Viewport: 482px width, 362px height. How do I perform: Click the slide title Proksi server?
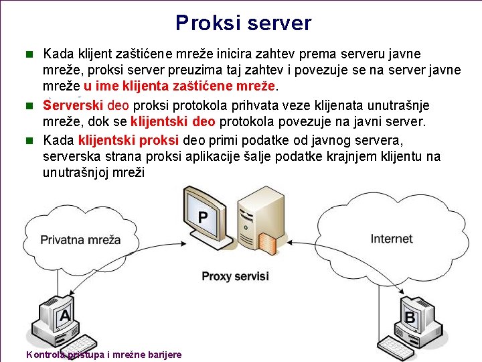(243, 23)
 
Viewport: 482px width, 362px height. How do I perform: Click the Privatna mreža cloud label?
(80, 239)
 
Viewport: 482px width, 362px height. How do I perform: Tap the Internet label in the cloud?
(392, 239)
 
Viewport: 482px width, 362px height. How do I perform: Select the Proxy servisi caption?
(235, 276)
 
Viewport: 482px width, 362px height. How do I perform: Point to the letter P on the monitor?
(203, 217)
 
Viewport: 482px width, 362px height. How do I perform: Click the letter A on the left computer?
(64, 314)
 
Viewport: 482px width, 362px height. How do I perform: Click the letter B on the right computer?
(410, 316)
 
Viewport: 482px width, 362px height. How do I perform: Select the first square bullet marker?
(29, 53)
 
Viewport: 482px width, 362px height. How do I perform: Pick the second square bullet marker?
(29, 105)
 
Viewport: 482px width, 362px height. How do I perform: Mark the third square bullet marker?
(29, 140)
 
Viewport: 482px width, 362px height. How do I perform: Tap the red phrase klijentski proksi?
(127, 140)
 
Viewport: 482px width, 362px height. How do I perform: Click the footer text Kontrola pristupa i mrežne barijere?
(103, 355)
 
